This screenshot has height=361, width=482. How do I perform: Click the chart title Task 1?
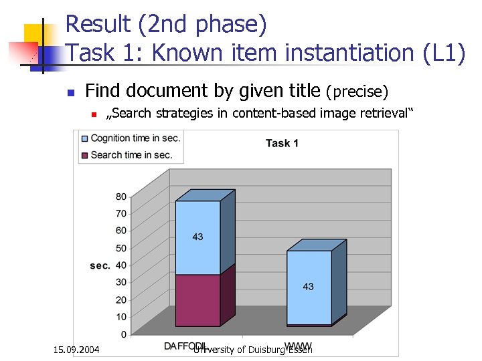[282, 142]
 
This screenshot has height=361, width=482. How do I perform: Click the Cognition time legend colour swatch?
[84, 138]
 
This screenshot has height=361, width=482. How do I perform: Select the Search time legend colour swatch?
[84, 155]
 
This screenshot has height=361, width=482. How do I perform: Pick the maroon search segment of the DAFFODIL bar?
[197, 300]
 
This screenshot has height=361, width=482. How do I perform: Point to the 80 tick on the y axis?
[120, 197]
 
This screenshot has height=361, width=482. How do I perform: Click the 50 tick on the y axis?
[120, 248]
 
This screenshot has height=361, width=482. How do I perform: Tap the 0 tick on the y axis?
[123, 334]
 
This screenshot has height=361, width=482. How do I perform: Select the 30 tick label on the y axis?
[120, 282]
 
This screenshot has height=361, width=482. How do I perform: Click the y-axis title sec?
[100, 265]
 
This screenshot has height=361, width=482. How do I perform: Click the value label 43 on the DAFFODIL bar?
[197, 237]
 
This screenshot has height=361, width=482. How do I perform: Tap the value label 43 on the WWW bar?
[308, 287]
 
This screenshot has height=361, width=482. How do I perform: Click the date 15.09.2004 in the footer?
[76, 349]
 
